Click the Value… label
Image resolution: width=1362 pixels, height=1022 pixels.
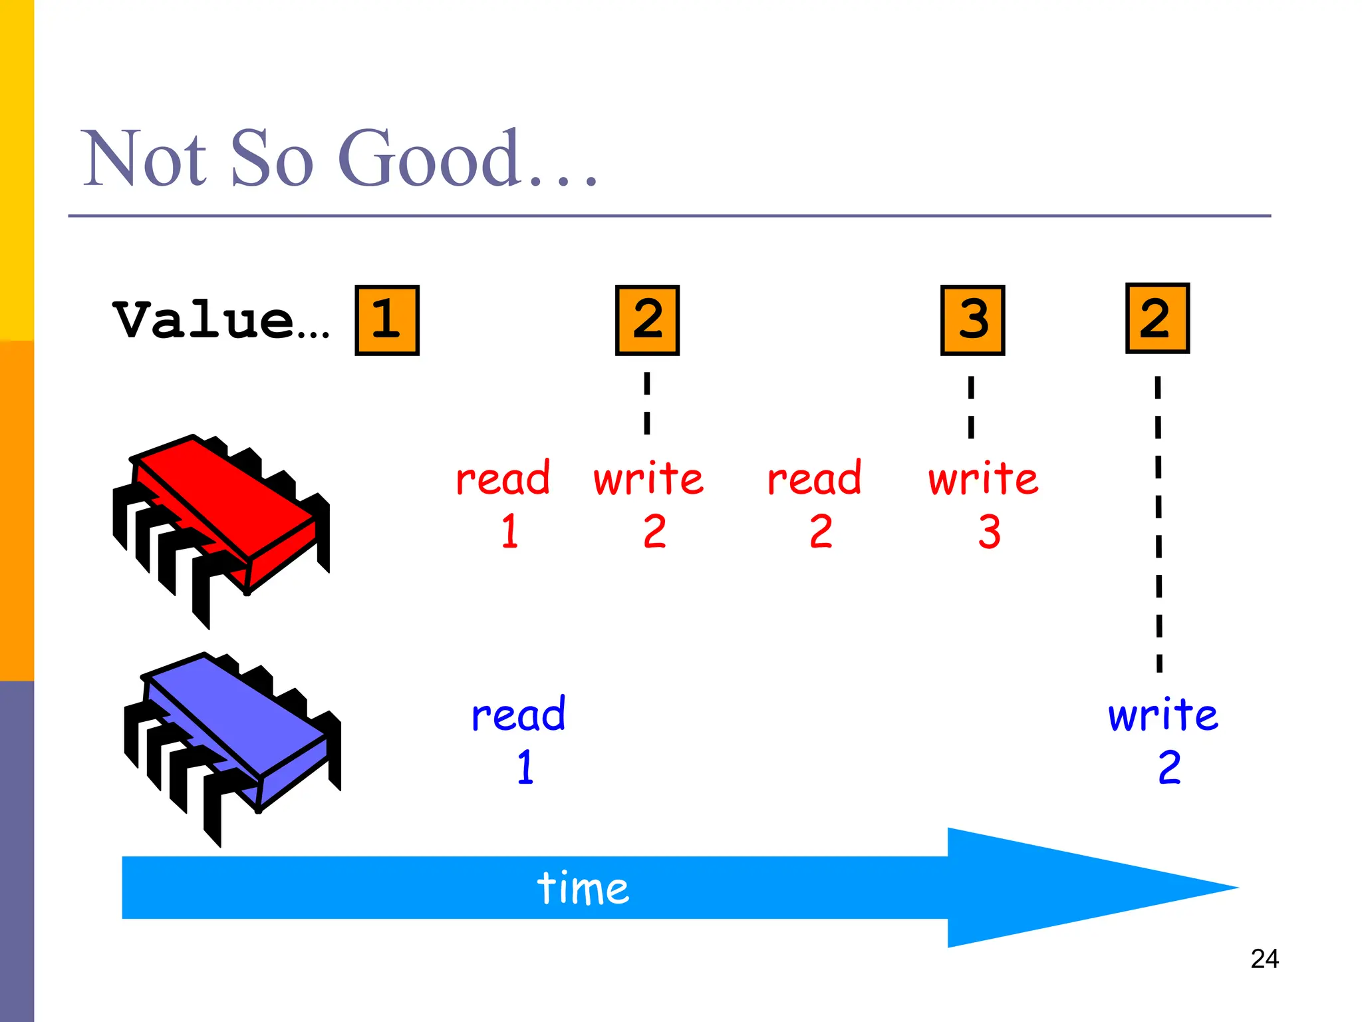pos(221,321)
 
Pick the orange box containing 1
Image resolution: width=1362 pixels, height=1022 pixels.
pos(387,320)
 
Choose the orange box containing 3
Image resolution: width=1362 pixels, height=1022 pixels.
pos(972,320)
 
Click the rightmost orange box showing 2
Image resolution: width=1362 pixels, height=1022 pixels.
pos(1157,318)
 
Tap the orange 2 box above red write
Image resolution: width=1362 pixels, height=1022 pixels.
pos(647,320)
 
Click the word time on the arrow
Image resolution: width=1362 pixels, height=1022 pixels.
pos(583,888)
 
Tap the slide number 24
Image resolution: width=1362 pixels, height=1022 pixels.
pos(1264,959)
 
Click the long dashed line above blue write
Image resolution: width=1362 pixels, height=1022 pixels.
pos(1158,526)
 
